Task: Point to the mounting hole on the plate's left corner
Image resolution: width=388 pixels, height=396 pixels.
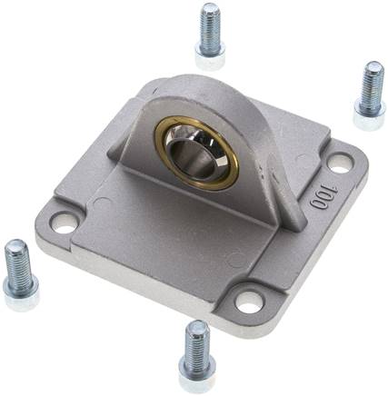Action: click(63, 221)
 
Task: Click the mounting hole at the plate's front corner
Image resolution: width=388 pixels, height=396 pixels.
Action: click(249, 300)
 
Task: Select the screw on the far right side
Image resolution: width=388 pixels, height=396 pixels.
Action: click(370, 96)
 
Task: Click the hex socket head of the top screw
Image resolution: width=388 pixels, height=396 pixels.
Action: click(210, 57)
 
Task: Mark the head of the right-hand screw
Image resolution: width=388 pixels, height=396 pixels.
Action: click(368, 116)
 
